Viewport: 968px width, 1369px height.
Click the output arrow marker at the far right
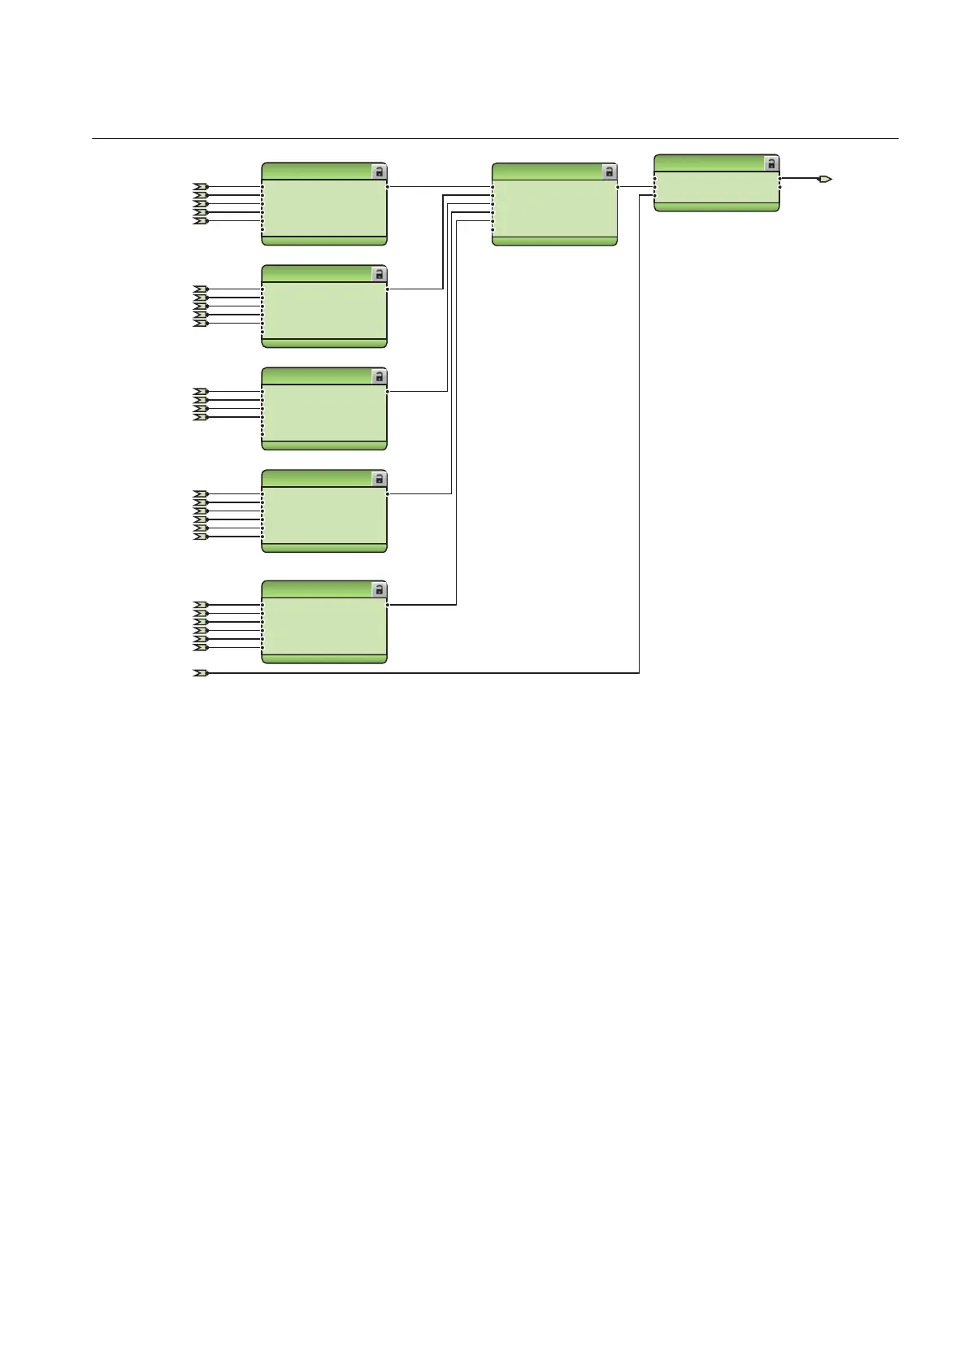(x=824, y=178)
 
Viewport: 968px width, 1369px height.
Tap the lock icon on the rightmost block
(x=771, y=163)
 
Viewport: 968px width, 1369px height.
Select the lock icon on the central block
(x=609, y=172)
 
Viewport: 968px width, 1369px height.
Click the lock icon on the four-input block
(x=379, y=376)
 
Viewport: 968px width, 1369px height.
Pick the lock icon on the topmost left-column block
(x=379, y=172)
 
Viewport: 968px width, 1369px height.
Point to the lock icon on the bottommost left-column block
(x=379, y=589)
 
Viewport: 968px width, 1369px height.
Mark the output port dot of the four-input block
(x=388, y=391)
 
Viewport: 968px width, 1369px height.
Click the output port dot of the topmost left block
(x=388, y=186)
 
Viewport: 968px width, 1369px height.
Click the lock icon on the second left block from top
(x=379, y=274)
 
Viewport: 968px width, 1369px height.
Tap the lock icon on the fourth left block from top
(x=379, y=479)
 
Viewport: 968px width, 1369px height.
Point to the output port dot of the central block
(x=619, y=187)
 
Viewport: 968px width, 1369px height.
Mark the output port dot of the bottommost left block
(x=388, y=605)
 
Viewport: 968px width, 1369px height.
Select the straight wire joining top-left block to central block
(x=439, y=186)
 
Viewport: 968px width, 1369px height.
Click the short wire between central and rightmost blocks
(x=636, y=187)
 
